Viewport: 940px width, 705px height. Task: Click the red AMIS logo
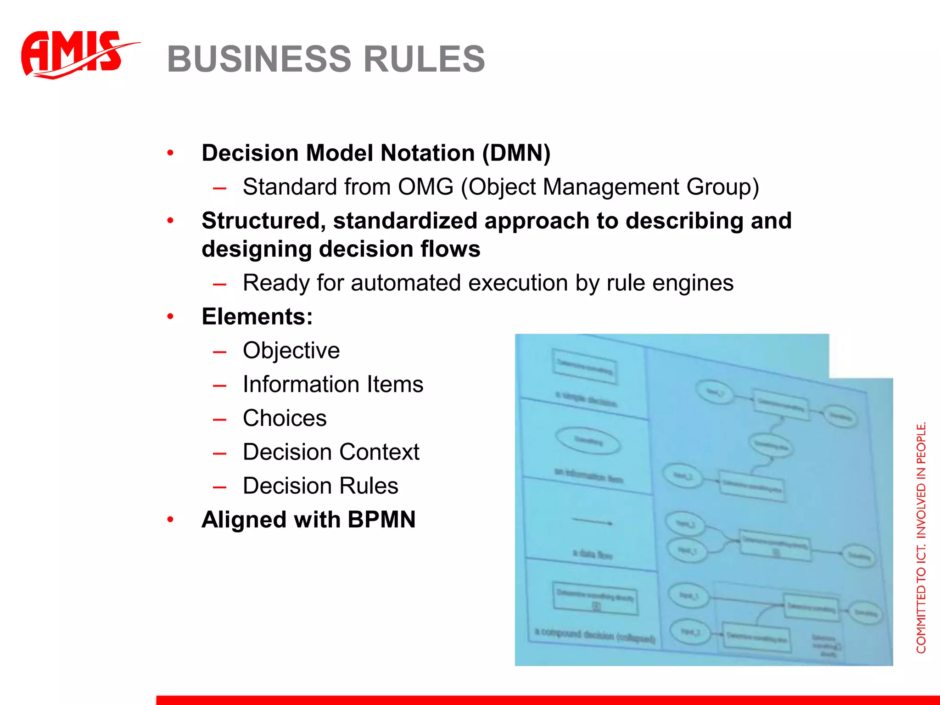pyautogui.click(x=73, y=54)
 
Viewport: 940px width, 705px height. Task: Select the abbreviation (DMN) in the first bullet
pyautogui.click(x=516, y=153)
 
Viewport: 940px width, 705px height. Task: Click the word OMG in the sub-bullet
pyautogui.click(x=425, y=187)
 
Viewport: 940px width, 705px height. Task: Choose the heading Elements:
pyautogui.click(x=257, y=317)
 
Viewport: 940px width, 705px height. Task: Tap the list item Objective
pyautogui.click(x=291, y=351)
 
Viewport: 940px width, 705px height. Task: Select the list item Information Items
pyautogui.click(x=333, y=384)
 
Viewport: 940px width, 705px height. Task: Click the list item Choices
pyautogui.click(x=285, y=418)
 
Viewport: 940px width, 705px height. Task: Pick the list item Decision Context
pyautogui.click(x=331, y=452)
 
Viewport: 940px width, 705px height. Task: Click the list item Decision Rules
pyautogui.click(x=320, y=486)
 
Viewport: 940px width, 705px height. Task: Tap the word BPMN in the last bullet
pyautogui.click(x=381, y=520)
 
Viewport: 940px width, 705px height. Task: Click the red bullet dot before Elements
pyautogui.click(x=170, y=317)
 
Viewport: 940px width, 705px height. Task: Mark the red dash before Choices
pyautogui.click(x=219, y=419)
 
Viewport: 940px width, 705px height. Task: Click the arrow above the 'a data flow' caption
pyautogui.click(x=592, y=521)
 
